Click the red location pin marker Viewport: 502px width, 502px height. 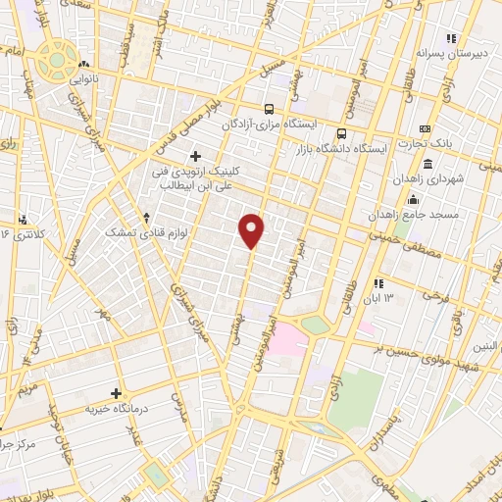(x=253, y=230)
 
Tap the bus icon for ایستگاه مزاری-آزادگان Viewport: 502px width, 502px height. (x=269, y=110)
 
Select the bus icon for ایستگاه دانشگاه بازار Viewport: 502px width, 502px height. (x=341, y=132)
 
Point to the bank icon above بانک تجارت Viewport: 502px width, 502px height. (x=424, y=129)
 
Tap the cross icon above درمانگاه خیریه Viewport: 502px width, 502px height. (x=116, y=392)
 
